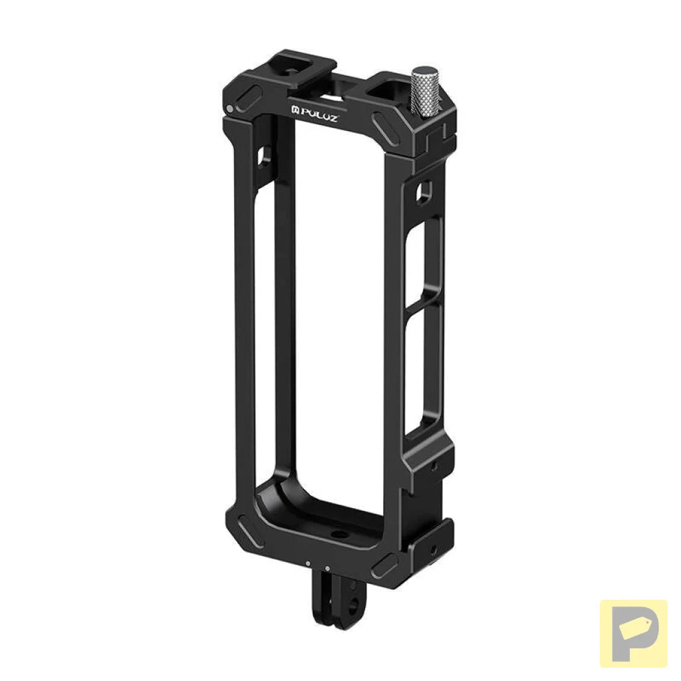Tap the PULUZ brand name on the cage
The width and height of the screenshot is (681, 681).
[319, 115]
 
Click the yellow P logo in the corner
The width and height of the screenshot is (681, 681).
[633, 633]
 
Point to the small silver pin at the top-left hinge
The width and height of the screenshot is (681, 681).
[230, 108]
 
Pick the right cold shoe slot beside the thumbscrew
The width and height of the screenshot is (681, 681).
[388, 90]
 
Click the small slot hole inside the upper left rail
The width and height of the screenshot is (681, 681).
[265, 156]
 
